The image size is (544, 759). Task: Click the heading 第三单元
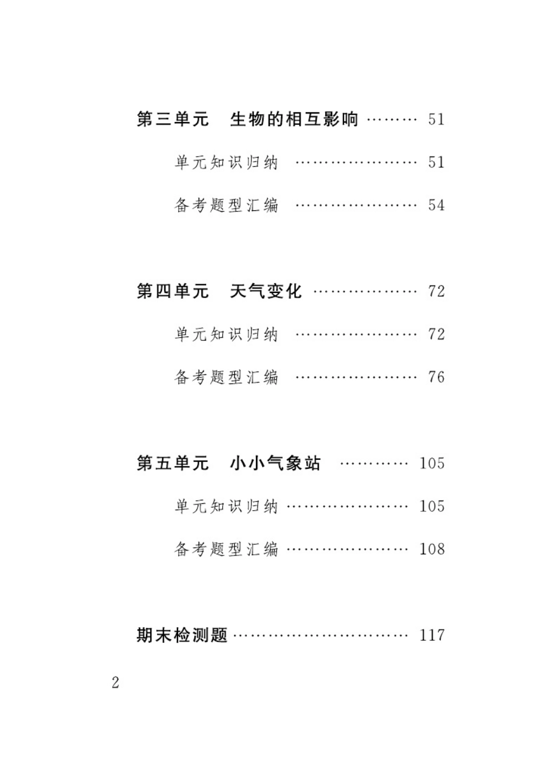pyautogui.click(x=172, y=119)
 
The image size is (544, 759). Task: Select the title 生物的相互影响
pyautogui.click(x=294, y=119)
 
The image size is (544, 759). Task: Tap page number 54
pyautogui.click(x=436, y=205)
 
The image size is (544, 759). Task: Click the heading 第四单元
pyautogui.click(x=172, y=291)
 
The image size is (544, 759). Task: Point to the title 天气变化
pyautogui.click(x=266, y=291)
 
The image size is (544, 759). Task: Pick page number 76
pyautogui.click(x=436, y=377)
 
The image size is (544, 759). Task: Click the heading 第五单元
pyautogui.click(x=172, y=463)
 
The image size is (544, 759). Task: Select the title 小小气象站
pyautogui.click(x=275, y=463)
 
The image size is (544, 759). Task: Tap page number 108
pyautogui.click(x=432, y=549)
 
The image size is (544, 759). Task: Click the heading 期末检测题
pyautogui.click(x=182, y=635)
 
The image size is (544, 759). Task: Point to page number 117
pyautogui.click(x=432, y=635)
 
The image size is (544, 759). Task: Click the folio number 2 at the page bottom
pyautogui.click(x=116, y=682)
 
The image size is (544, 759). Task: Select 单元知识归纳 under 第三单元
pyautogui.click(x=226, y=162)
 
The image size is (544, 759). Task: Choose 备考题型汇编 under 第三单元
pyautogui.click(x=226, y=205)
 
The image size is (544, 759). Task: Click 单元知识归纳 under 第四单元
pyautogui.click(x=226, y=334)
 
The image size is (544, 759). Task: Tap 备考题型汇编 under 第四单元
pyautogui.click(x=226, y=377)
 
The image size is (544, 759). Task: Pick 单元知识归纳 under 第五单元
pyautogui.click(x=226, y=506)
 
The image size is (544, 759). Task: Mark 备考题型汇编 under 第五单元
pyautogui.click(x=226, y=549)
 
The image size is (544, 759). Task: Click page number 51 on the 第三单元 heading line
pyautogui.click(x=436, y=119)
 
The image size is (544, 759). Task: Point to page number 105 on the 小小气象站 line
pyautogui.click(x=432, y=463)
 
